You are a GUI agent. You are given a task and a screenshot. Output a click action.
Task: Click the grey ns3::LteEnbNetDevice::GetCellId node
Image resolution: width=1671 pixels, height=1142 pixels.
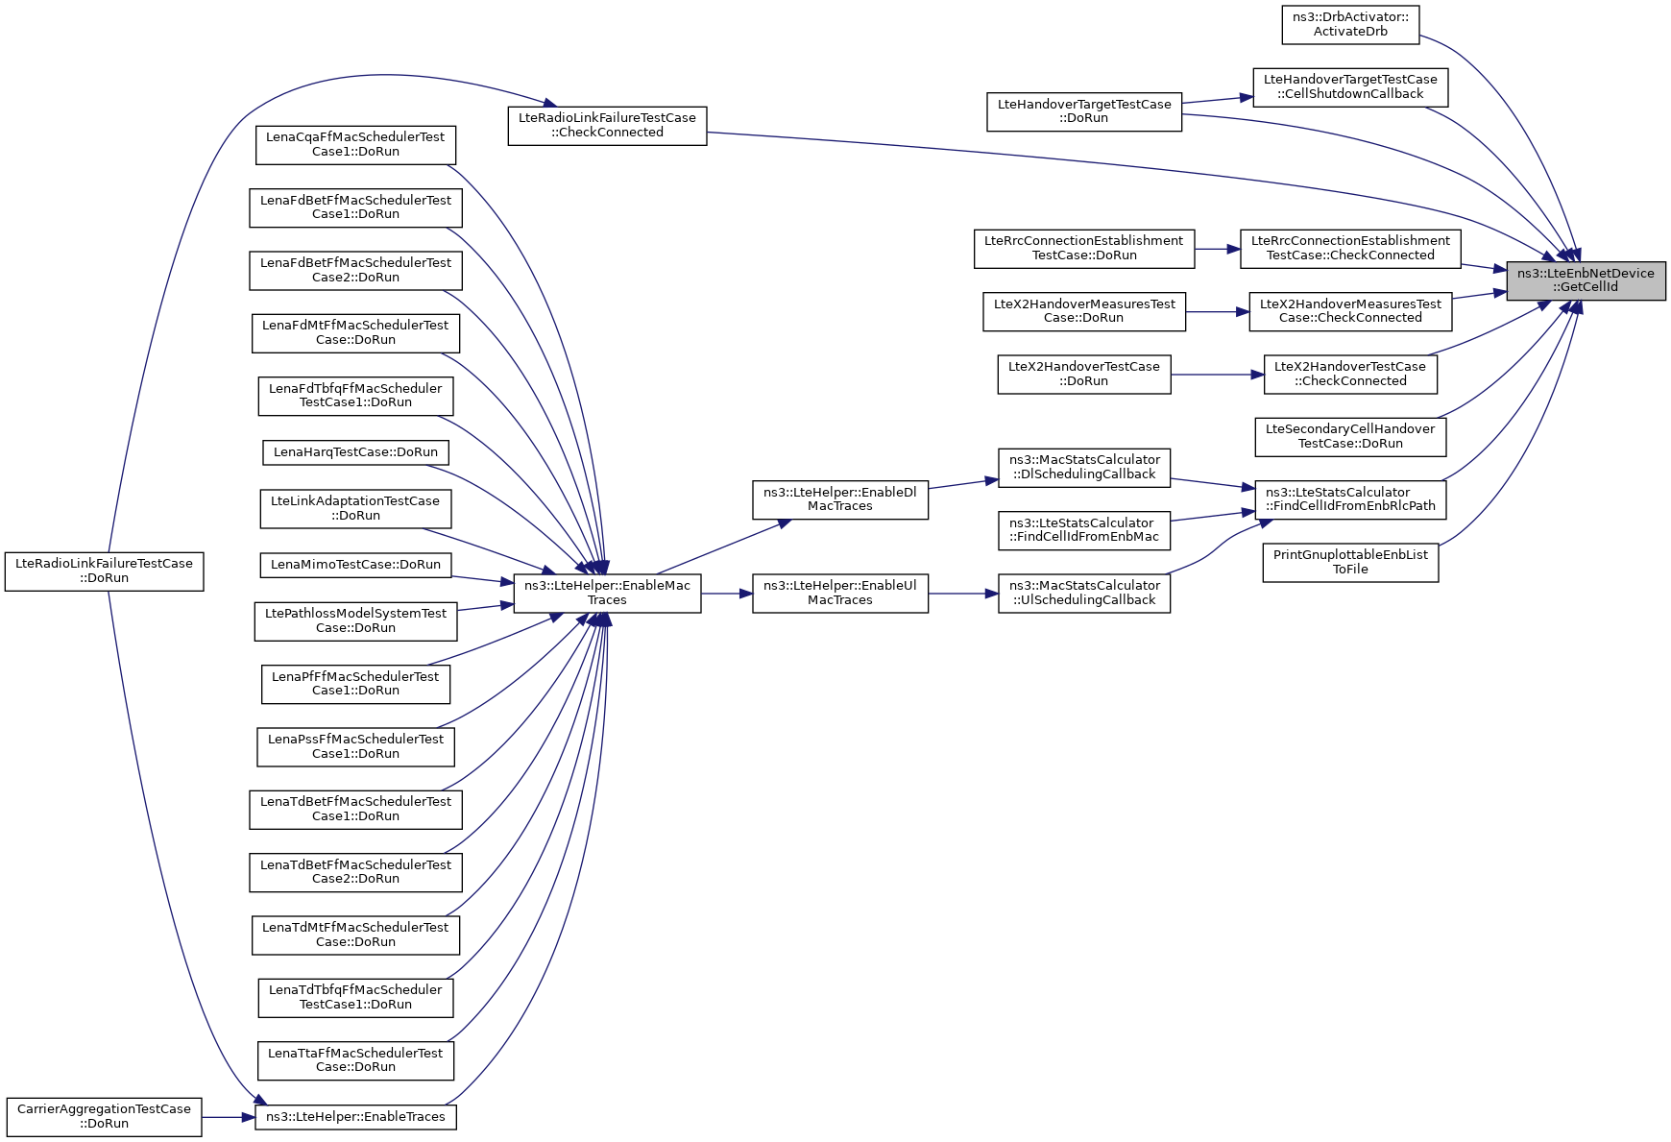1585,280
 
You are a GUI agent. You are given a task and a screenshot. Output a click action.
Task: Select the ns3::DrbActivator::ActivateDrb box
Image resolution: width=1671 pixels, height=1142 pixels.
1349,25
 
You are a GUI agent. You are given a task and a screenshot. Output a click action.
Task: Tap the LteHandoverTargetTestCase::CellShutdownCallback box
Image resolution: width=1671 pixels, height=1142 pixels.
1349,87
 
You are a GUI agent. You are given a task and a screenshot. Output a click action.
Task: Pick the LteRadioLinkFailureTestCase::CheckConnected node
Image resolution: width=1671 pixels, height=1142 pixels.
607,126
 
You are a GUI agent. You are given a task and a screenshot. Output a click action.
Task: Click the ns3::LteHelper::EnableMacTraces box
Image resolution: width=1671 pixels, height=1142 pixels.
607,594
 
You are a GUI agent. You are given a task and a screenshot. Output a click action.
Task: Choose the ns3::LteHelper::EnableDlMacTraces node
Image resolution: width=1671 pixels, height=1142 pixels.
839,499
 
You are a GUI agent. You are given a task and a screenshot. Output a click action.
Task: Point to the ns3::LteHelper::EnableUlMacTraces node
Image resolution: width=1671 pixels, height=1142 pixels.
839,594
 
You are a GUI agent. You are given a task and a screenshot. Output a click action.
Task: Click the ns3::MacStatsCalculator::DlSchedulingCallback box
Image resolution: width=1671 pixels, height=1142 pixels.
1083,468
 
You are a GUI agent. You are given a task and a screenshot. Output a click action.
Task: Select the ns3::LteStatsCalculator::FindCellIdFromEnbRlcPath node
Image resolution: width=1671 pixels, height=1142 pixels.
1349,499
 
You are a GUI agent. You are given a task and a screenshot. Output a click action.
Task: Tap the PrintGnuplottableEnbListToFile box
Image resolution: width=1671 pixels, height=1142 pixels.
1349,562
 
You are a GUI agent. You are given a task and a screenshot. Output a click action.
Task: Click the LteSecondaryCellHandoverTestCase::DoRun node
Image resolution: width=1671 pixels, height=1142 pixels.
1349,437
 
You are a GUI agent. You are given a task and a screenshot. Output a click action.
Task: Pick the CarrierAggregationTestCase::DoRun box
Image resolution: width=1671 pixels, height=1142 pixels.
104,1117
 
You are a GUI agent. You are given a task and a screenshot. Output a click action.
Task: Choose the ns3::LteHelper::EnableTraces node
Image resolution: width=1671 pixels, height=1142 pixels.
355,1117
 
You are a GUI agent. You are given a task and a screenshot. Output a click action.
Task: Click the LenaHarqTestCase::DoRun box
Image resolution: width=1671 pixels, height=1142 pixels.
355,452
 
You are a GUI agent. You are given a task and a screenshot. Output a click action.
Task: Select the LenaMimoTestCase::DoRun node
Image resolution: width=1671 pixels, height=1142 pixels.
355,565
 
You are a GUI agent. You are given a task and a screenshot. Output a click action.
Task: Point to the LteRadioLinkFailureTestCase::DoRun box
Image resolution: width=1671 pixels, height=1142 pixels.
104,571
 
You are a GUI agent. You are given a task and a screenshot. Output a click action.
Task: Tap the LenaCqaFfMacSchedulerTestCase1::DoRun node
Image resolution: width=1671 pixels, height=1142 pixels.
355,145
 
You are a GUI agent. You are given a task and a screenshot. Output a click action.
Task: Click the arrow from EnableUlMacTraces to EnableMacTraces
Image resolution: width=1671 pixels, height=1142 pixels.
727,594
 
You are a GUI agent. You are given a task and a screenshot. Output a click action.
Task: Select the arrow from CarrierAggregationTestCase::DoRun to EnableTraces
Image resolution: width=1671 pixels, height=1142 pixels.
228,1117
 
